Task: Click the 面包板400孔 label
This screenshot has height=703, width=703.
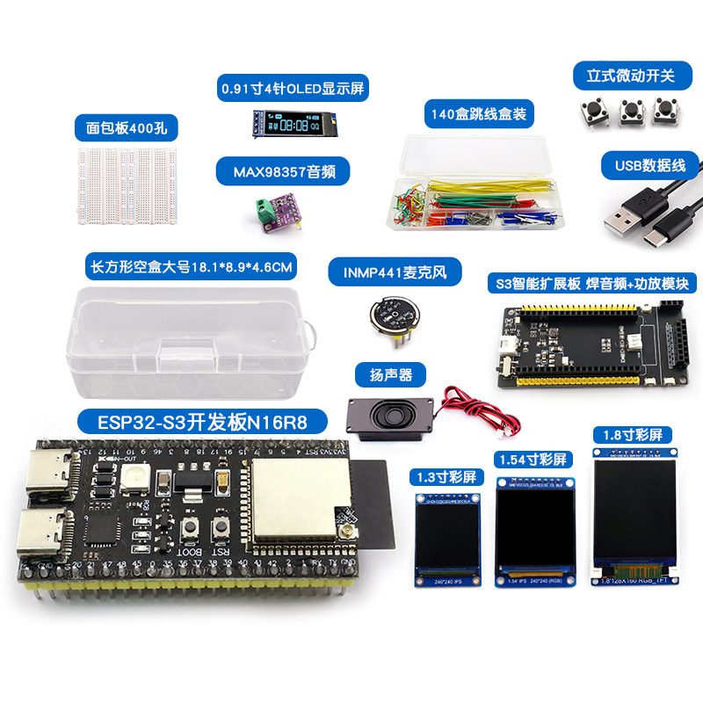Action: point(127,129)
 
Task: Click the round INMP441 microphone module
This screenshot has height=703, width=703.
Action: point(395,315)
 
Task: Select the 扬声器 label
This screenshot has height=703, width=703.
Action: point(391,375)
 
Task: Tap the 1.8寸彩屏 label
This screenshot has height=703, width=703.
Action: point(633,434)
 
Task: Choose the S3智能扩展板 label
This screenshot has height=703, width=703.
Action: point(591,283)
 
